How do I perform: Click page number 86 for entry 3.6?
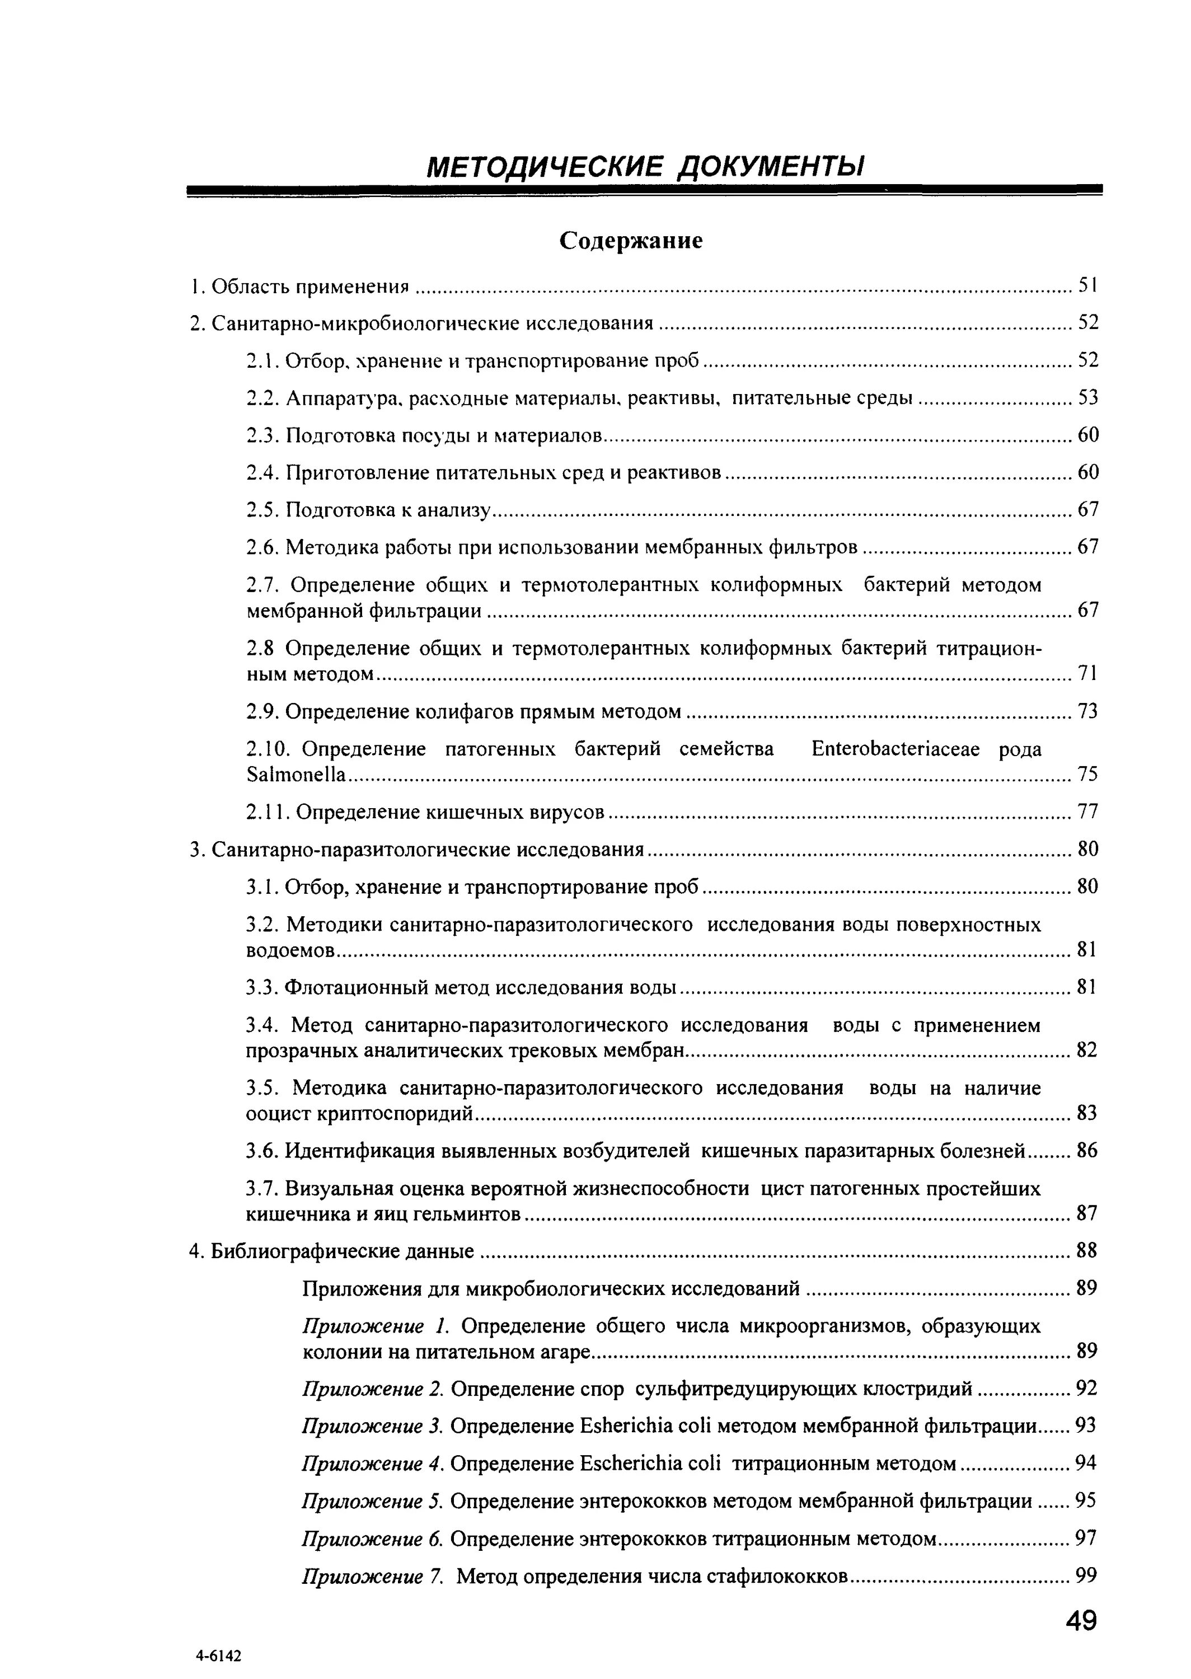[1087, 1151]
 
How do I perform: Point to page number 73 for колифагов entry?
[1087, 711]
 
